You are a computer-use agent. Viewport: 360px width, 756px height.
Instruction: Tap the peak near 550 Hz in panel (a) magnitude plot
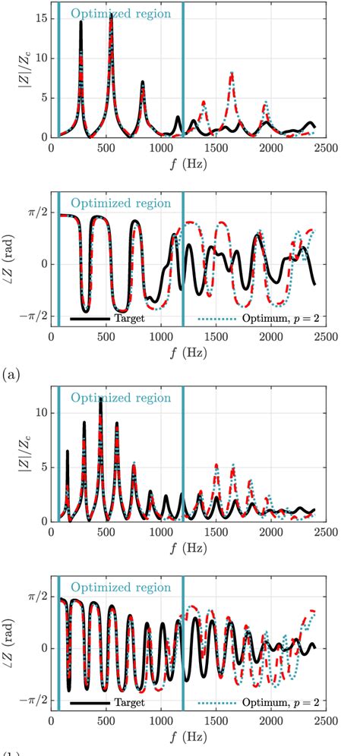tap(112, 15)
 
